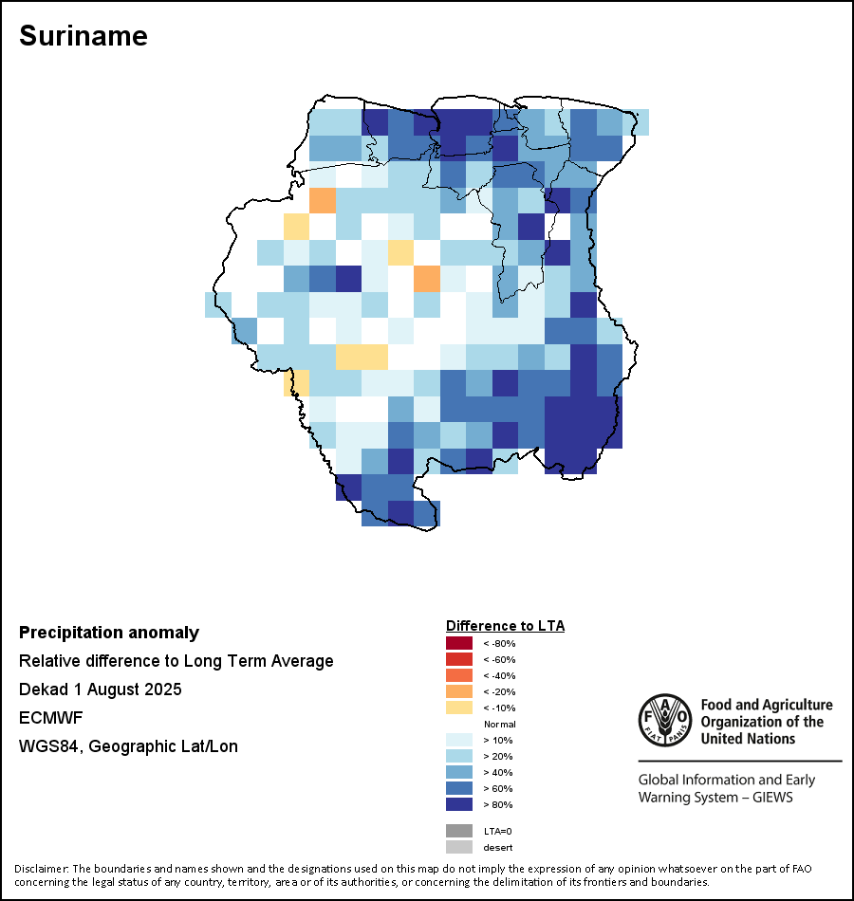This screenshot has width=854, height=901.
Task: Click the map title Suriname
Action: (x=84, y=36)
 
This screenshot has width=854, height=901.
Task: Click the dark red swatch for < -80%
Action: (x=458, y=644)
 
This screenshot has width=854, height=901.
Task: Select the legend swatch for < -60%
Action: (x=458, y=660)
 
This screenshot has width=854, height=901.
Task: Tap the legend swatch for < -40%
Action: (x=458, y=676)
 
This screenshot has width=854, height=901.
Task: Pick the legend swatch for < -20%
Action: (x=458, y=692)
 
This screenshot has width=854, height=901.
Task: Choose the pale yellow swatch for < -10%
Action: (x=458, y=708)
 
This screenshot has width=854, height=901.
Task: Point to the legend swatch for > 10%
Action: (x=458, y=741)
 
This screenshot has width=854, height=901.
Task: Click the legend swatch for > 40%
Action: (x=458, y=773)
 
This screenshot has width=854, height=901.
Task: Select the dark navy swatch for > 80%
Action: (x=458, y=805)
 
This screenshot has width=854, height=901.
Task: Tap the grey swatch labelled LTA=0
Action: (x=458, y=831)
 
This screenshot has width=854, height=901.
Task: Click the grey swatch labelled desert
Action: (x=458, y=847)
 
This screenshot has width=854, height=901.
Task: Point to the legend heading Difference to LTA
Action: (x=505, y=626)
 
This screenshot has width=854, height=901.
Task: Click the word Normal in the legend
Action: (x=499, y=725)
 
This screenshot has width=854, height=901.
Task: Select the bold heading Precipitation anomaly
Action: (x=109, y=633)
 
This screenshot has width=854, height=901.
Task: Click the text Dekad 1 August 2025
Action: (x=100, y=690)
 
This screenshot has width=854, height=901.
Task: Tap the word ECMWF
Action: (x=46, y=718)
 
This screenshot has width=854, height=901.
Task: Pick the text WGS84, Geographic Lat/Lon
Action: (x=128, y=746)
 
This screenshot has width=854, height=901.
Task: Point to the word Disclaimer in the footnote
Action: (x=40, y=869)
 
